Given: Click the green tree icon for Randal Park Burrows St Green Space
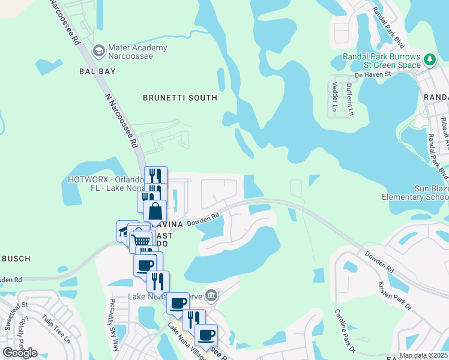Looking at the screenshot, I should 429,59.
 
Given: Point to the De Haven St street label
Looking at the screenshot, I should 372,75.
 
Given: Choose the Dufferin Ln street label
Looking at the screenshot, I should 349,98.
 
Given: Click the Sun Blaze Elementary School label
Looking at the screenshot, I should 415,193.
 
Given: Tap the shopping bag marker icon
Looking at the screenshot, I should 155,212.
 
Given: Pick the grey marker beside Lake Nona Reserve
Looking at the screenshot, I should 211,295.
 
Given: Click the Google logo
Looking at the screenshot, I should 20,353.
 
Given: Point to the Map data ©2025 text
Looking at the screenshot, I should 423,355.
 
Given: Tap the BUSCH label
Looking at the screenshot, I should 16,259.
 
